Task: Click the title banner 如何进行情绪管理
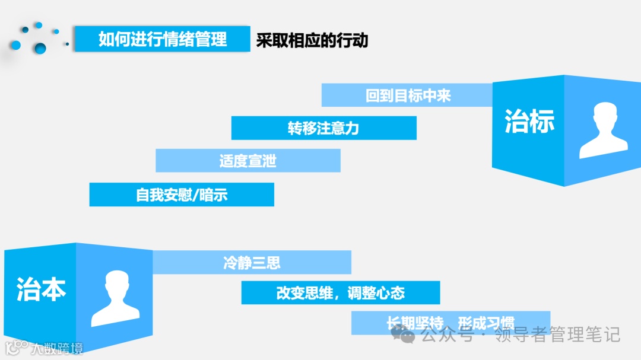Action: [x=162, y=39]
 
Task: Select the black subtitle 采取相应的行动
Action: [x=312, y=40]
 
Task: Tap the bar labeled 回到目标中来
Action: [x=408, y=95]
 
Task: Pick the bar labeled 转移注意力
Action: [x=323, y=128]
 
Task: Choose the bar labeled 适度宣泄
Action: [x=247, y=161]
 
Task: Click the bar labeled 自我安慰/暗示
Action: [x=182, y=195]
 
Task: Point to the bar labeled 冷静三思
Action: [x=252, y=263]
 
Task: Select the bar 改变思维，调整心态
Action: [x=340, y=293]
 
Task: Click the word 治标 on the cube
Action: [x=529, y=121]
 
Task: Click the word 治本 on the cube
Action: [x=41, y=288]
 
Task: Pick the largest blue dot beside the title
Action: [x=40, y=47]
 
